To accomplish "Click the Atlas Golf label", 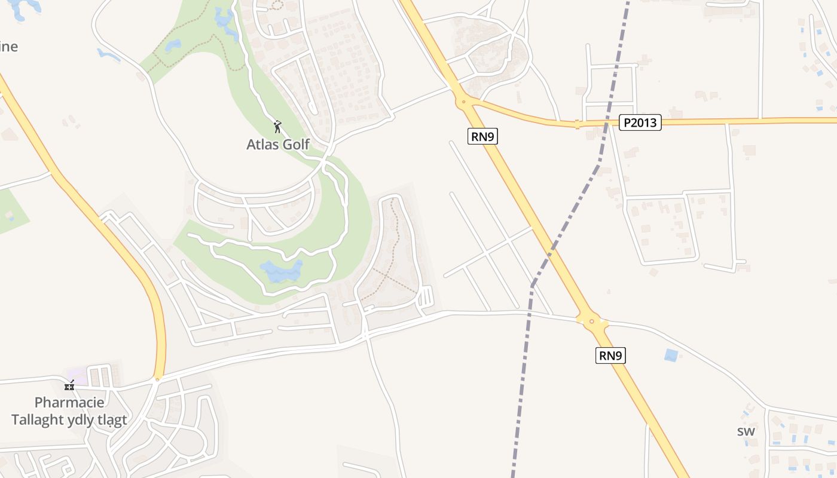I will (278, 144).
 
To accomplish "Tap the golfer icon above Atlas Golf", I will (277, 127).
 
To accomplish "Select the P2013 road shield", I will (640, 123).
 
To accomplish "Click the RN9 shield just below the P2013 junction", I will (484, 137).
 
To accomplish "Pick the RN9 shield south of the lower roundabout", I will (611, 356).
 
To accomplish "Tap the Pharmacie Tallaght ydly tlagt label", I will (69, 411).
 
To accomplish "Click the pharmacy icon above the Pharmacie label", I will (69, 386).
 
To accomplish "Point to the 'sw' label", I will (746, 431).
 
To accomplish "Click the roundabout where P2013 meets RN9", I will (463, 102).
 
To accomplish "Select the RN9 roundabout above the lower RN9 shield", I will (592, 321).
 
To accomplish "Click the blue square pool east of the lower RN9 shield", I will (671, 355).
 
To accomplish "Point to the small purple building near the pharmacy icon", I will (78, 376).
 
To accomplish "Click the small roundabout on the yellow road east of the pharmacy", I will (157, 379).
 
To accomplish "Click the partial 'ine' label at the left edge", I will (8, 47).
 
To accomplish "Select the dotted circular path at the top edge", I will (276, 4).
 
